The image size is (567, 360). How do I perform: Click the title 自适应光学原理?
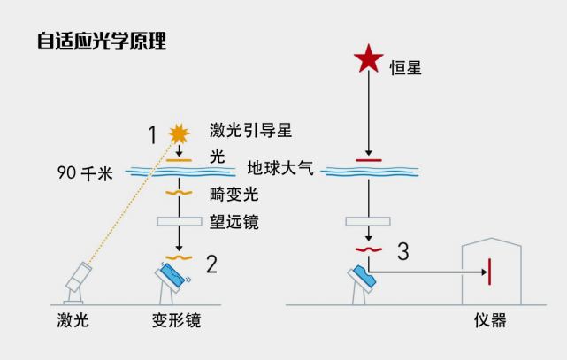point(102,41)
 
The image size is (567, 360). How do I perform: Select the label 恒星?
point(408,65)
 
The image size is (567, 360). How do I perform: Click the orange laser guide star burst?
point(180,134)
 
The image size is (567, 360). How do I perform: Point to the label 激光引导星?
point(250,131)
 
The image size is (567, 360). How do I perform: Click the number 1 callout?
point(152,134)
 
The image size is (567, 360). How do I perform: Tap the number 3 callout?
point(403,251)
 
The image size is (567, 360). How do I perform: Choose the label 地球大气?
point(280,167)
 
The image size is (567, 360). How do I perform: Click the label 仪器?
point(491,318)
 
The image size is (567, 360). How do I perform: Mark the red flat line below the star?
point(368,160)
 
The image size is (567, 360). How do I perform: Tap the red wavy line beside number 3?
point(368,249)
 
